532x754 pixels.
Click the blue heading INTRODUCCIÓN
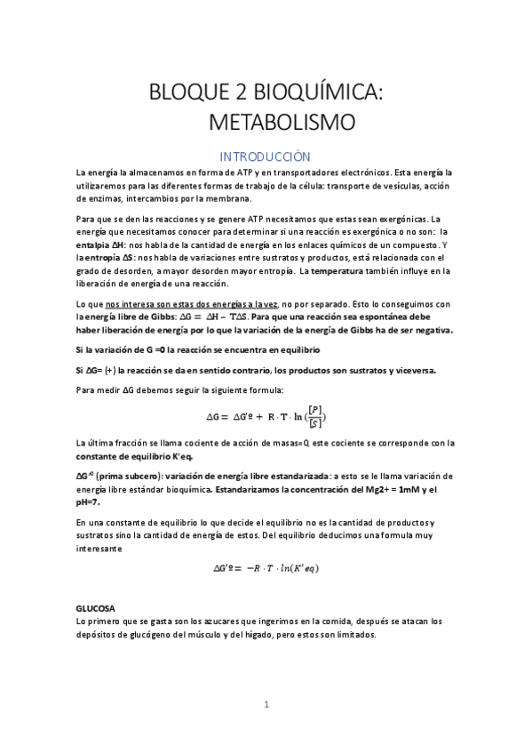[266, 154]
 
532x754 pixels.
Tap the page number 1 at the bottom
[266, 705]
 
